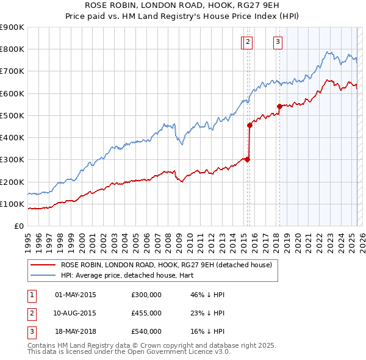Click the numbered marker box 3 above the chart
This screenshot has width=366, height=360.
[x=278, y=42]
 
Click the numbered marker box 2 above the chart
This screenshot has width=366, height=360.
[x=249, y=42]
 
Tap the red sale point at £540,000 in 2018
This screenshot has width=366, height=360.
[x=279, y=106]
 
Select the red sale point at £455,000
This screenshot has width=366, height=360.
[x=249, y=125]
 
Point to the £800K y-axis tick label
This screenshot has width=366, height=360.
[x=13, y=49]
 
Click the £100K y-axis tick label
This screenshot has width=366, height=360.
[x=13, y=204]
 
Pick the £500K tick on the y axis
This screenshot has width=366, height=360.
[x=13, y=115]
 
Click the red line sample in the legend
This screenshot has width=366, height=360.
[x=43, y=265]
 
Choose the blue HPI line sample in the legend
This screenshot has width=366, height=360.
[x=43, y=275]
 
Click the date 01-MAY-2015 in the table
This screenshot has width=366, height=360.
[x=76, y=295]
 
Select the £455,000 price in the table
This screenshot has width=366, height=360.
[x=146, y=313]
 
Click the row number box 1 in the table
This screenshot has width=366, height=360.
[x=30, y=295]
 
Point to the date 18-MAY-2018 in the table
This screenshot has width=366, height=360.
[x=76, y=331]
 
